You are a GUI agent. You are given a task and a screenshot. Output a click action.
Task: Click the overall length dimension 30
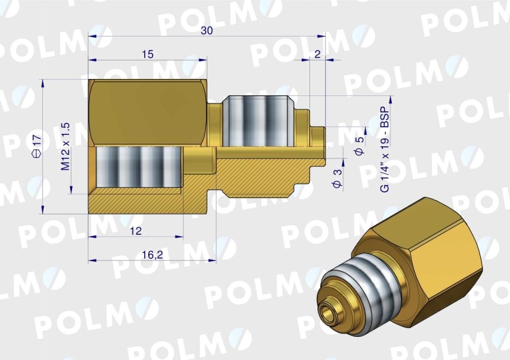coord(207,31)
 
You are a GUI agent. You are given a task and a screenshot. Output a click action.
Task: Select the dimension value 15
coord(148,54)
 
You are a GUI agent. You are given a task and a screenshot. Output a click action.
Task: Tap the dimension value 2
coord(318,54)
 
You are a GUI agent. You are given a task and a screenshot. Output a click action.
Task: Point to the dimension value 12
coord(135,231)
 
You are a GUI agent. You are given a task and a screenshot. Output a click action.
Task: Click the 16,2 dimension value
coord(152,255)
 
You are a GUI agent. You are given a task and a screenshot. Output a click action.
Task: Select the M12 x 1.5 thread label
coord(65,146)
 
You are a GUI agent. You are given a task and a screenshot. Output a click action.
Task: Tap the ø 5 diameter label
coord(360,146)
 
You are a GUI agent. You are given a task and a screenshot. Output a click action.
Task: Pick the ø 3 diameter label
coord(338,178)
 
